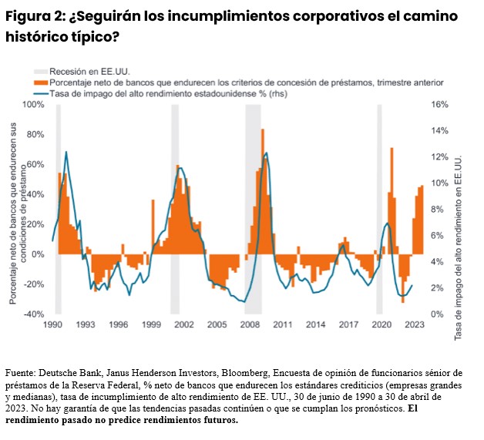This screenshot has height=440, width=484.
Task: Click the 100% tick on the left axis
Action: [x=34, y=104]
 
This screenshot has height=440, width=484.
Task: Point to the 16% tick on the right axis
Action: [x=439, y=104]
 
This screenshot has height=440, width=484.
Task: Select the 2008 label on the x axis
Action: [x=250, y=324]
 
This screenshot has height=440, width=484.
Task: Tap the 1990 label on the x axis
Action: [x=52, y=324]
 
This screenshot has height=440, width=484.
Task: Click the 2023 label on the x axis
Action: [x=415, y=324]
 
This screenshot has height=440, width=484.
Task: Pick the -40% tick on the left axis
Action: [x=34, y=314]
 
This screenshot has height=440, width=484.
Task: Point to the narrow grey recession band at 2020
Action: [x=379, y=208]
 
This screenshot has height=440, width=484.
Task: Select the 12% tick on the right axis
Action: [x=439, y=156]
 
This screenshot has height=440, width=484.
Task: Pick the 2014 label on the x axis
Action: [x=315, y=324]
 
